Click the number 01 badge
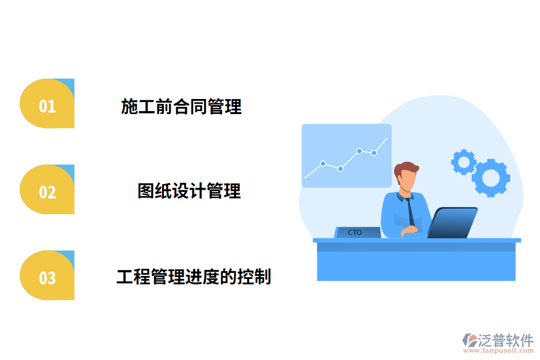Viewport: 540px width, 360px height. pyautogui.click(x=47, y=106)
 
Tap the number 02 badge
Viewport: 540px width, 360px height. pyautogui.click(x=47, y=191)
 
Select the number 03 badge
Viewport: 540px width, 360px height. pyautogui.click(x=47, y=278)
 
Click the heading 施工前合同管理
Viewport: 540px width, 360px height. pyautogui.click(x=181, y=107)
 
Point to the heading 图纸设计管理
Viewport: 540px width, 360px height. pyautogui.click(x=189, y=191)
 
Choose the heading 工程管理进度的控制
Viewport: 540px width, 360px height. pyautogui.click(x=193, y=277)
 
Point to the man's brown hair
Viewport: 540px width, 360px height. pyautogui.click(x=406, y=168)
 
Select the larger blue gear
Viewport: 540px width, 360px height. pyautogui.click(x=491, y=178)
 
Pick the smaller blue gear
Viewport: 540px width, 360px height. pyautogui.click(x=463, y=161)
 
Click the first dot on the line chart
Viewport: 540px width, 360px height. pyautogui.click(x=323, y=163)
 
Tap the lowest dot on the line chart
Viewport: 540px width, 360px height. pyautogui.click(x=340, y=169)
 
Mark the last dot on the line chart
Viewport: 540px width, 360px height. pyautogui.click(x=374, y=152)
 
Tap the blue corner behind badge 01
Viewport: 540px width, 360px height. pyautogui.click(x=68, y=85)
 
